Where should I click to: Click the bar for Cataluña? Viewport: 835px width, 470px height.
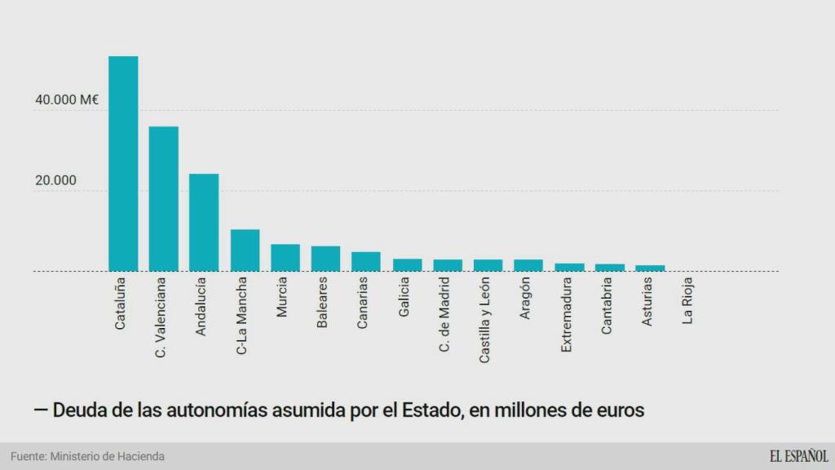123,163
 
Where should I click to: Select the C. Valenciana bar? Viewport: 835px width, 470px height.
163,198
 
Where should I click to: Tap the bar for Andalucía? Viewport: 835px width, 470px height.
204,222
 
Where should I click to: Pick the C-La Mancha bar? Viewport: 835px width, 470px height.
245,250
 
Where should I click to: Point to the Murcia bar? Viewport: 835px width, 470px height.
285,257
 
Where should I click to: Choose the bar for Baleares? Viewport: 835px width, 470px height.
325,258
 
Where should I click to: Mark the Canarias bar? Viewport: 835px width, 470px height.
366,261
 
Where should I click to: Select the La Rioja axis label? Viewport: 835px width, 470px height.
688,301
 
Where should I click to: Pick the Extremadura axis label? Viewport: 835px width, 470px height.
567,315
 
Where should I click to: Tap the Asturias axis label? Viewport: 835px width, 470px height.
647,301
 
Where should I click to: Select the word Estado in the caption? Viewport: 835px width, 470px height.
431,410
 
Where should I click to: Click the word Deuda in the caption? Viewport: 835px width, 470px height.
81,410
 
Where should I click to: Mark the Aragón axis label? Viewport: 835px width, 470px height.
526,299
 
